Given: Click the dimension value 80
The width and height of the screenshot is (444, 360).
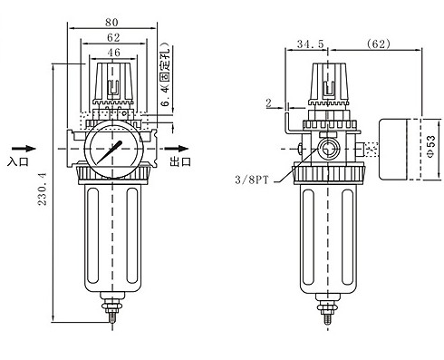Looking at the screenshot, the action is click(x=111, y=23).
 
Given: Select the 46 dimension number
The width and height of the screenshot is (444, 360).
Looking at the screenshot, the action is click(x=114, y=53).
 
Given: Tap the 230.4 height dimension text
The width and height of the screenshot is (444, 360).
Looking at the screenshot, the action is click(x=43, y=189).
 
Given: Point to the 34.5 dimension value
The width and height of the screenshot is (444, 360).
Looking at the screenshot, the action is click(x=310, y=44).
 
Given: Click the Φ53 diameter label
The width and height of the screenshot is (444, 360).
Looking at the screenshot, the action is click(x=431, y=146).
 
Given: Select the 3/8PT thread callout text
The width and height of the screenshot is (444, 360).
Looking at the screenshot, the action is click(x=252, y=180).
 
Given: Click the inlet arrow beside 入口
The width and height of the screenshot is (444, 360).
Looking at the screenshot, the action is click(x=24, y=149).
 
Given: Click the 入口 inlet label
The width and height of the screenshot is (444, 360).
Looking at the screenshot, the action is click(x=18, y=161).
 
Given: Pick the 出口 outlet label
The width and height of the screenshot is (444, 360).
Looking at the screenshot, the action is click(x=180, y=161).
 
